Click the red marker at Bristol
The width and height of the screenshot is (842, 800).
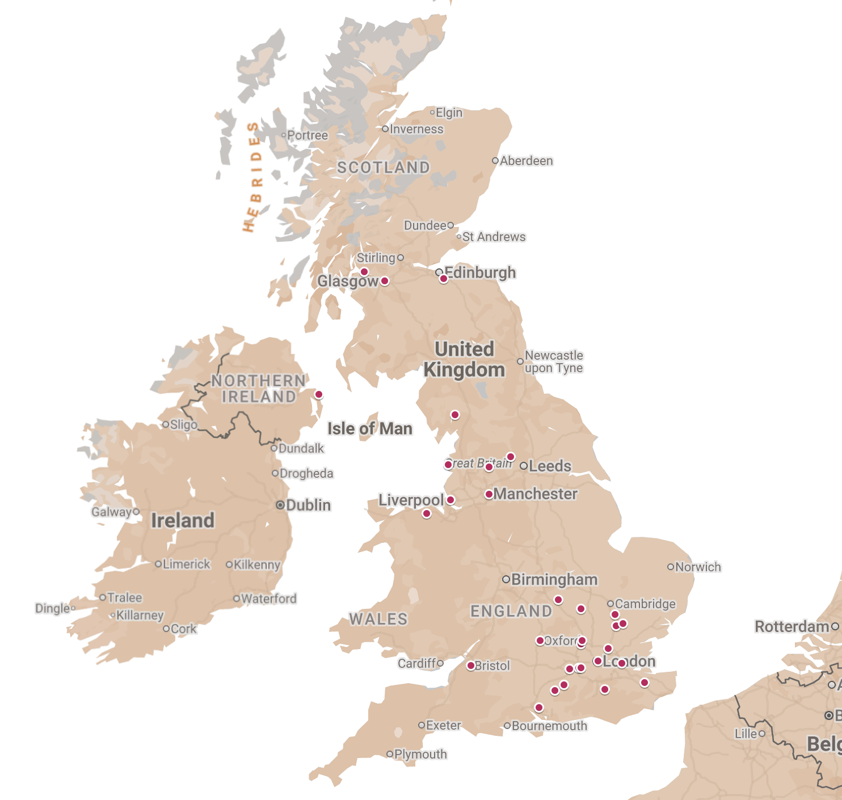pos(470,666)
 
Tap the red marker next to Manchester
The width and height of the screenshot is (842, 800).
pos(489,494)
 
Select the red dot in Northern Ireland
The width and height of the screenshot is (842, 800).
pos(318,394)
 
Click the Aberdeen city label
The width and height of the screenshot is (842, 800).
pos(526,161)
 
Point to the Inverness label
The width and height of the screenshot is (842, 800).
pos(416,129)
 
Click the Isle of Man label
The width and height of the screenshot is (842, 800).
pos(369,428)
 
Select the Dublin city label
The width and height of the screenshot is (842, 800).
pos(308,505)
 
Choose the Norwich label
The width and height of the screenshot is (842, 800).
pos(698,567)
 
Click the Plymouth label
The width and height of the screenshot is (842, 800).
pos(420,754)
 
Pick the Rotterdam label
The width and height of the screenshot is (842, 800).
pos(792,626)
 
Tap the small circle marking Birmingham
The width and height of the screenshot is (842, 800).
pos(506,579)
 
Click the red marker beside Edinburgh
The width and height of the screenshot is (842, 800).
pos(444,279)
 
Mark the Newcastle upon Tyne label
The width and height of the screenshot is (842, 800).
pos(553,361)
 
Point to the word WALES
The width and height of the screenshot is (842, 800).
pos(378,619)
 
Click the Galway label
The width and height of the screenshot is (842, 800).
pos(111,512)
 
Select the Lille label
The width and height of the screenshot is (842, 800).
pos(746,734)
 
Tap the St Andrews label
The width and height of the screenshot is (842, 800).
pos(494,237)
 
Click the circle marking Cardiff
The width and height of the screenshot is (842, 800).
pos(440,663)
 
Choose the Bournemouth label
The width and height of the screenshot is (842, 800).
pos(549,726)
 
